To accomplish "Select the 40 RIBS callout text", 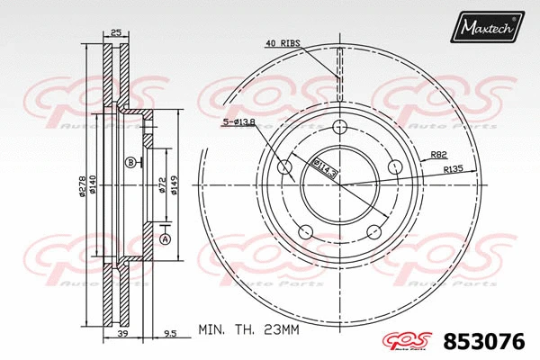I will [x=283, y=42].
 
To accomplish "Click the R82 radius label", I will [x=440, y=155].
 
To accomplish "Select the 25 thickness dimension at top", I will [x=115, y=33].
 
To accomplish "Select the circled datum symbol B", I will [x=130, y=162].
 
